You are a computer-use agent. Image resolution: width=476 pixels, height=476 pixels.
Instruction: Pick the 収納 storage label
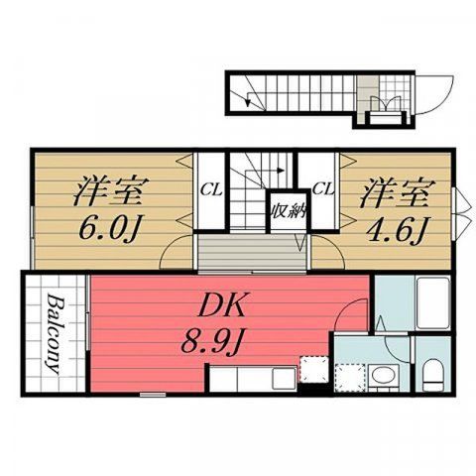pyautogui.click(x=289, y=211)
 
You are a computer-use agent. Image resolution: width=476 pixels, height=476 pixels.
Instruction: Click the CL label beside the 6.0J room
pyautogui.click(x=211, y=190)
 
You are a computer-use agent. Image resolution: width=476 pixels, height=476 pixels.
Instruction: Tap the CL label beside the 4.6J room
pyautogui.click(x=323, y=189)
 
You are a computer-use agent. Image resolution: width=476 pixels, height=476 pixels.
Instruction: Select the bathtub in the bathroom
pyautogui.click(x=433, y=303)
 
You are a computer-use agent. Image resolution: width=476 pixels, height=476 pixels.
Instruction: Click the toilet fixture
pyautogui.click(x=433, y=375)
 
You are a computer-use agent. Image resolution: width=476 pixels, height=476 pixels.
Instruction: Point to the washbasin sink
pyautogui.click(x=384, y=377)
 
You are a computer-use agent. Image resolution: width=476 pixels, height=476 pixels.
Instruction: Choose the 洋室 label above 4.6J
pyautogui.click(x=398, y=192)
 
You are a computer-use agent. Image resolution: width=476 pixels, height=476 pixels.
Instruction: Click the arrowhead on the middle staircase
pyautogui.click(x=281, y=171)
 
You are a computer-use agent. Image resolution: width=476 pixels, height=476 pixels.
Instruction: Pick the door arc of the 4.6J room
pyautogui.click(x=333, y=246)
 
